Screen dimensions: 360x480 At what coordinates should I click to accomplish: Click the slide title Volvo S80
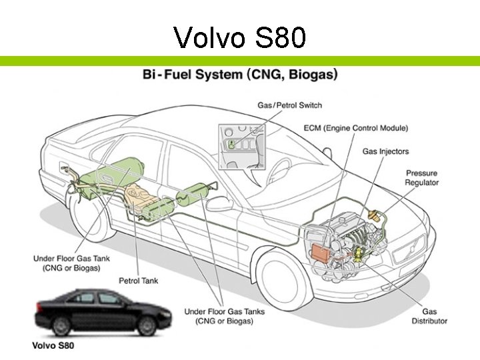pyautogui.click(x=240, y=37)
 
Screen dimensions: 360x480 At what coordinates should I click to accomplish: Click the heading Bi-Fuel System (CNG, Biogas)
pyautogui.click(x=240, y=74)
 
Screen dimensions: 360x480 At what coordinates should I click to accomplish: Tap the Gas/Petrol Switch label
pyautogui.click(x=289, y=105)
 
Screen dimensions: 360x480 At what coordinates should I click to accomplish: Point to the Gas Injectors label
pyautogui.click(x=385, y=151)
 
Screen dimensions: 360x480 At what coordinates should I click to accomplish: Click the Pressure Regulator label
pyautogui.click(x=422, y=178)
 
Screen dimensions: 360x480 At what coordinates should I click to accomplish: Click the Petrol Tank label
pyautogui.click(x=139, y=281)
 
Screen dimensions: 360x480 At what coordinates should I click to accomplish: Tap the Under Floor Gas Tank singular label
pyautogui.click(x=72, y=263)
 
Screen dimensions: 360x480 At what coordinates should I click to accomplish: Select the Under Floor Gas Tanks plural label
pyautogui.click(x=224, y=316)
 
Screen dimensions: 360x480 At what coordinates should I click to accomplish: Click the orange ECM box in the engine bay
pyautogui.click(x=322, y=253)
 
